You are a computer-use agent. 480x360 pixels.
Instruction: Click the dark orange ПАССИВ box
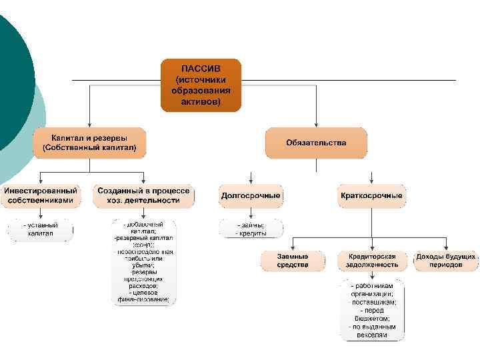[201, 85]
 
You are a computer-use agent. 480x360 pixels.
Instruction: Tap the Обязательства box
[316, 143]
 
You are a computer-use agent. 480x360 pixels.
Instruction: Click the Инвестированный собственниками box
[41, 195]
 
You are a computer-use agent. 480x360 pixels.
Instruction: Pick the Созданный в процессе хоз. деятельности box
[143, 195]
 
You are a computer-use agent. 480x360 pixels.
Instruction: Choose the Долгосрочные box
[251, 196]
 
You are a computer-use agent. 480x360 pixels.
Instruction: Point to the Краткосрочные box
[371, 196]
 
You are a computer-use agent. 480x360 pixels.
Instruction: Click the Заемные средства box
[293, 261]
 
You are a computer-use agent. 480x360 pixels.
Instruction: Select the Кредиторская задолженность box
[371, 261]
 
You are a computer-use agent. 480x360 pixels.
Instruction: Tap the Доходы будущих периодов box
[446, 261]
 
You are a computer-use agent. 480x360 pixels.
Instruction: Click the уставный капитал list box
[41, 230]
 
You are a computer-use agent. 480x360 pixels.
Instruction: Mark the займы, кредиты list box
[251, 229]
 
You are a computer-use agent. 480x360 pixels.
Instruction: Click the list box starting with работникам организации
[373, 311]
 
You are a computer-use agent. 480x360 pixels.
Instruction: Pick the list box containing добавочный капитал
[143, 262]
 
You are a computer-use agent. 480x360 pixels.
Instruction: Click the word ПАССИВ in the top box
[200, 68]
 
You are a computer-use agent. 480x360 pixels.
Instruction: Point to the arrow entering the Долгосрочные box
[251, 177]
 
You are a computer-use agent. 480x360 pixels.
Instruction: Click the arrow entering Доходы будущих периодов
[446, 244]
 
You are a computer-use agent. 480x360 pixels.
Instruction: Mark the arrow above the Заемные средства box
[293, 244]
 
